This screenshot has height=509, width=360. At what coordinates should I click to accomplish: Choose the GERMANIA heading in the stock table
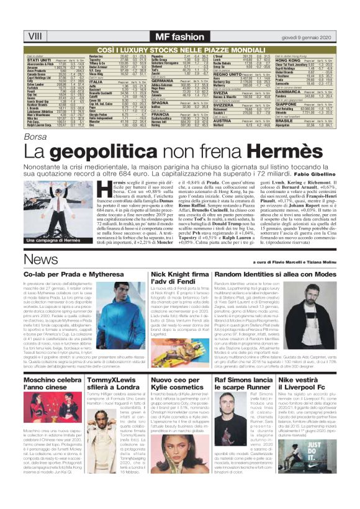[x=132, y=80]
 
